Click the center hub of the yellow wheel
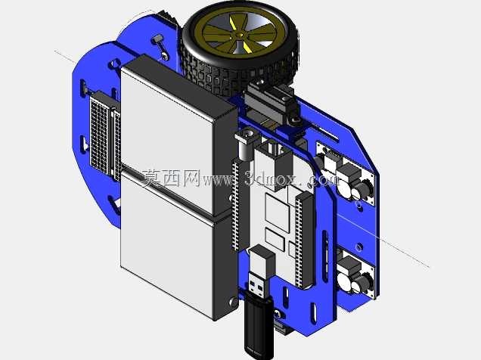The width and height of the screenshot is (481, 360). (240, 36)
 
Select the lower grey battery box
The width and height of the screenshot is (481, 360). (178, 245)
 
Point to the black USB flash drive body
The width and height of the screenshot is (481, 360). (259, 325)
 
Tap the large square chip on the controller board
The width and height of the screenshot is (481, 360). (277, 212)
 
